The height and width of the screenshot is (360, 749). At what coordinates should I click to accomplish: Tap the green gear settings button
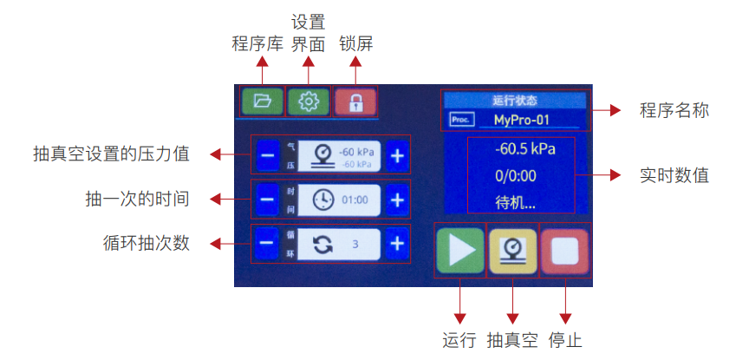(x=308, y=101)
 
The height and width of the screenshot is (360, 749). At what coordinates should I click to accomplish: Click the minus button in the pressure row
(x=267, y=156)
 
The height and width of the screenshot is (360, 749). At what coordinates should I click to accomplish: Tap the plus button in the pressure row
(x=397, y=156)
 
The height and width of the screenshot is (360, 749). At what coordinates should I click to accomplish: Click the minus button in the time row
(x=267, y=200)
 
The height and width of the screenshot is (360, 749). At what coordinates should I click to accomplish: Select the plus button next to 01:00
(x=397, y=200)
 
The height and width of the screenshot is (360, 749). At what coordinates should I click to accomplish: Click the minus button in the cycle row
(x=267, y=244)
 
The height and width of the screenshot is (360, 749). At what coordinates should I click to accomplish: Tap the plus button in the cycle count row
(x=397, y=244)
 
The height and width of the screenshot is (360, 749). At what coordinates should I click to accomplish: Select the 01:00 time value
(x=355, y=200)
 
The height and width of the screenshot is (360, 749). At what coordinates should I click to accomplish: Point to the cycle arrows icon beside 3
(x=323, y=244)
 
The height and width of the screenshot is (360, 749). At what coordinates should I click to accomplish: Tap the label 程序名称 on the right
(x=674, y=111)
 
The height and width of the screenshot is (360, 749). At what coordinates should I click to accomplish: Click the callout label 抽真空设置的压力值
(x=111, y=154)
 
